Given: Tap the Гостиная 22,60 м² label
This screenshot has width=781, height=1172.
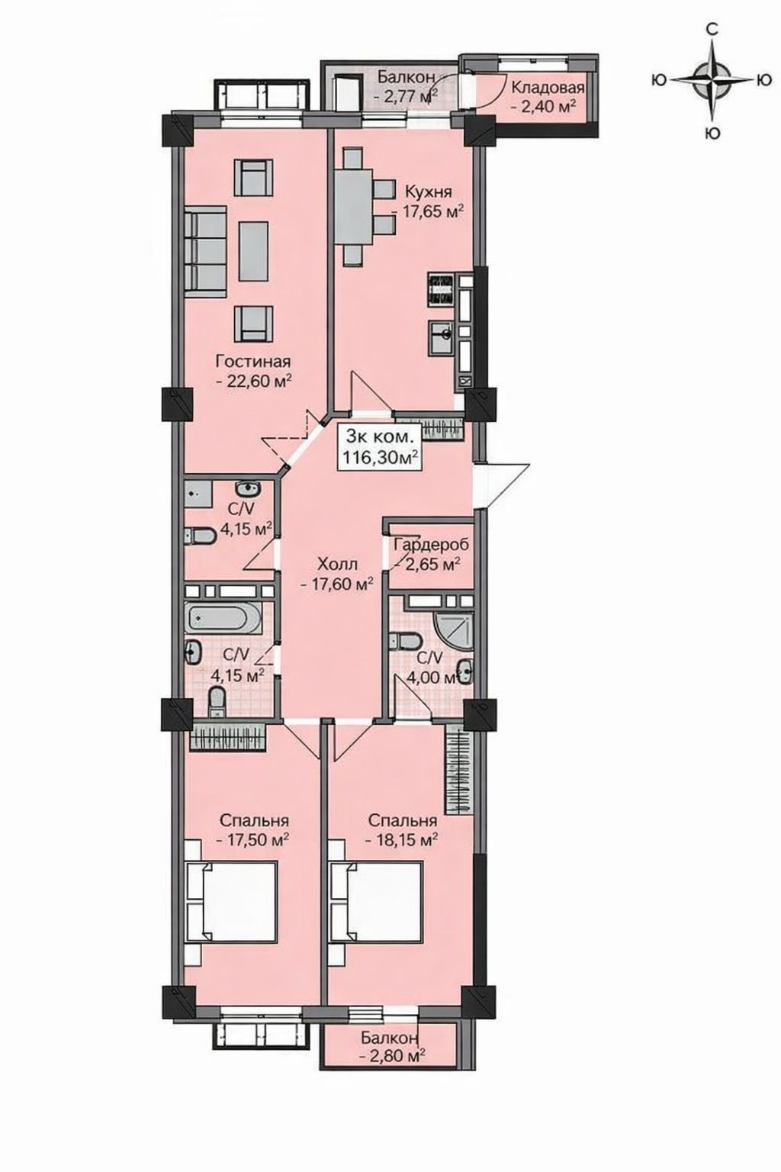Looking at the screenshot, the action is (x=254, y=371).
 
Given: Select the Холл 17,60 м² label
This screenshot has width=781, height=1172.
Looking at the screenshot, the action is (x=337, y=574).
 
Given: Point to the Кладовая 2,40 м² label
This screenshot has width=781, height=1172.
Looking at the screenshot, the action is (x=547, y=95).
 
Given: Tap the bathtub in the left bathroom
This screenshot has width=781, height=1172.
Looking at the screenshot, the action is (x=222, y=620).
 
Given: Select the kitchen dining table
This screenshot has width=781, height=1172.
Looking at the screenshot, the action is (x=354, y=208).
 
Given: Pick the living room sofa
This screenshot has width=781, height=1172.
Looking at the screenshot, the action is (x=206, y=251).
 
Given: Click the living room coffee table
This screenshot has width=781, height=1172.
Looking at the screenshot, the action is (x=254, y=250).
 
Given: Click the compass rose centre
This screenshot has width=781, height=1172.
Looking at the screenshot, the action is (x=712, y=80).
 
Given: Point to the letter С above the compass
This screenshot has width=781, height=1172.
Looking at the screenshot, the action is (x=712, y=30).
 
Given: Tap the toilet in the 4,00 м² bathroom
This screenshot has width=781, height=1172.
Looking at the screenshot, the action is (x=406, y=642).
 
